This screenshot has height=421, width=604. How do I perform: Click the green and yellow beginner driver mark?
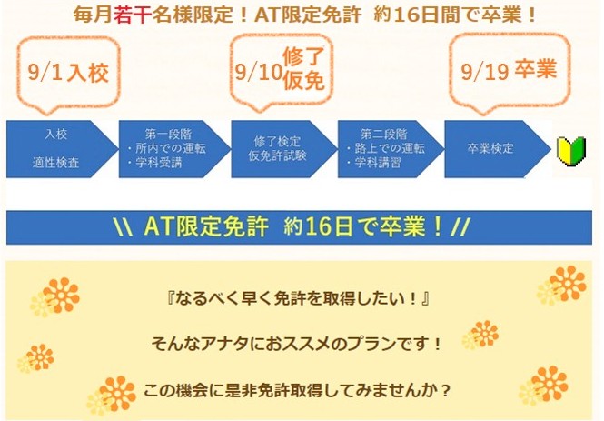[x=571, y=151]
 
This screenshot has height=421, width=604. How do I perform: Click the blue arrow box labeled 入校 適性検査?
[x=62, y=149]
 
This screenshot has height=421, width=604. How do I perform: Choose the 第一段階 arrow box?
[x=174, y=149]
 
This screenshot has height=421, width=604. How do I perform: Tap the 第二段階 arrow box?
[x=391, y=149]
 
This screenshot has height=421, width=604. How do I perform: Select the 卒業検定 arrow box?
[x=498, y=149]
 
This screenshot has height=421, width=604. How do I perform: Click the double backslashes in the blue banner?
[x=124, y=226]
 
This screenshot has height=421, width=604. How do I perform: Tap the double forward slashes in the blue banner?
[x=460, y=226]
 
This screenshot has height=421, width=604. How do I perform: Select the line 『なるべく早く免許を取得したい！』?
[x=299, y=298]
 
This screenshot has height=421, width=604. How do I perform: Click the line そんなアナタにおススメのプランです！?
[x=296, y=344]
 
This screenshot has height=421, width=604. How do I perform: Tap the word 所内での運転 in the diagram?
[x=171, y=148]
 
